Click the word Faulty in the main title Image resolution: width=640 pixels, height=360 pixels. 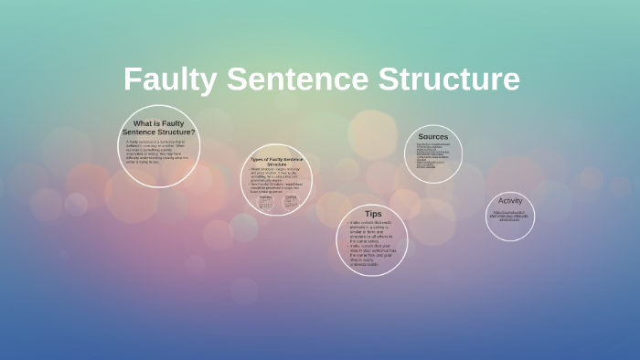point(171,79)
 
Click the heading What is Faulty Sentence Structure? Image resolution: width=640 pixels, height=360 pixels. point(159,127)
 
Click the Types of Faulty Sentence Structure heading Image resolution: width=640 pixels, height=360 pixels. point(276,162)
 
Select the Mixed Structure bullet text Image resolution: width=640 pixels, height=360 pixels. point(276,175)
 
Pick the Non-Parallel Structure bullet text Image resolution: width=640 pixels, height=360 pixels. point(276,187)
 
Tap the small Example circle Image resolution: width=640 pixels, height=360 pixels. point(265,201)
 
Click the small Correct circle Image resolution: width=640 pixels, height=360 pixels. point(291,201)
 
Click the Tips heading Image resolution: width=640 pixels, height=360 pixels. point(373,214)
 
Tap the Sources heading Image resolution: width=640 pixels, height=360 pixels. point(433,137)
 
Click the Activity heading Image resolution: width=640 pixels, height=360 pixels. point(510,201)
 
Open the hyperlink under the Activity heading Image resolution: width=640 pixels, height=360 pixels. point(510,217)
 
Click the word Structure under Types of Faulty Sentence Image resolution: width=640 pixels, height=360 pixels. point(276,165)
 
